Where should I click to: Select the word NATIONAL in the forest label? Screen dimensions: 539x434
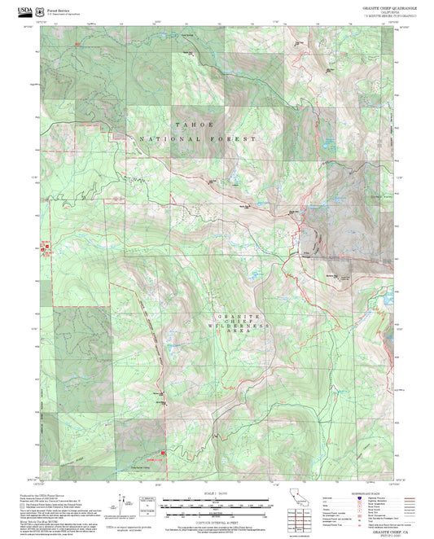pos(167,139)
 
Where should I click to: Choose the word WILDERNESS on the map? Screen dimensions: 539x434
pos(236,326)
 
